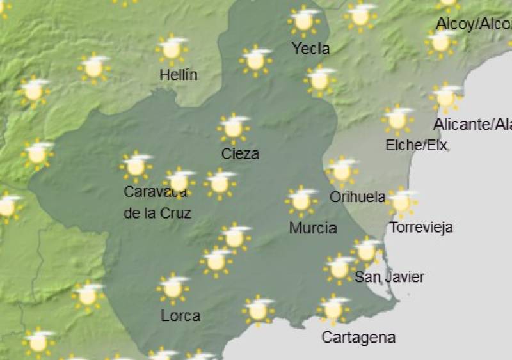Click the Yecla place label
click(x=310, y=49)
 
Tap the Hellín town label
click(x=178, y=75)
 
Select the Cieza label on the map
click(x=240, y=153)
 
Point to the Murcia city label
click(x=313, y=228)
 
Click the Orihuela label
click(x=357, y=197)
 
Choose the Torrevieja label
click(x=421, y=227)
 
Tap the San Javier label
click(x=389, y=277)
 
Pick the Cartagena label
click(x=358, y=337)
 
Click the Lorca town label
click(x=180, y=316)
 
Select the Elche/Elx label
click(x=416, y=145)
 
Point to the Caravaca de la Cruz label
click(x=157, y=202)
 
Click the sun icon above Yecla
click(x=304, y=20)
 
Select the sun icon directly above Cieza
click(x=234, y=128)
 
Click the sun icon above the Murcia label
click(x=301, y=201)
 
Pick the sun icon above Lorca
click(x=173, y=288)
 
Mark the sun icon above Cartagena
click(x=333, y=309)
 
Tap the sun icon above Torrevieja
click(x=402, y=201)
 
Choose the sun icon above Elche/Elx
click(x=397, y=119)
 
